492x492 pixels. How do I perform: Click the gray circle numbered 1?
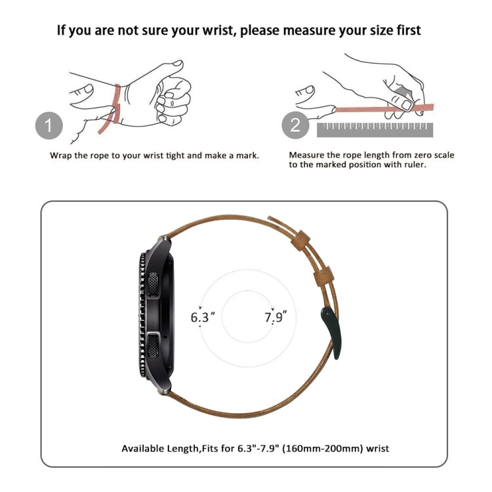(49, 125)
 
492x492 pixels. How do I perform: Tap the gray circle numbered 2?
(295, 125)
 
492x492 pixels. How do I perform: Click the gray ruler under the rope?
(375, 130)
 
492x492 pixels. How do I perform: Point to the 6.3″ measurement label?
(203, 317)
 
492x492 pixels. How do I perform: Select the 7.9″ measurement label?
(275, 317)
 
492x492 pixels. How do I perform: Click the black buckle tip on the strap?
(332, 332)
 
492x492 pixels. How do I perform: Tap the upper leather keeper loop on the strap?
(300, 240)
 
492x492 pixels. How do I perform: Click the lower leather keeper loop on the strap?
(323, 276)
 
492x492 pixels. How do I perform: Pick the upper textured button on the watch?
(153, 284)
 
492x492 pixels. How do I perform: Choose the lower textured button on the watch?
(153, 346)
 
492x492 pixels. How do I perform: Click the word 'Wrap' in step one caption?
(61, 155)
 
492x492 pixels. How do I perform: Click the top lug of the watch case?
(164, 241)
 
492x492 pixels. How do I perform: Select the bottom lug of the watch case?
(164, 388)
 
